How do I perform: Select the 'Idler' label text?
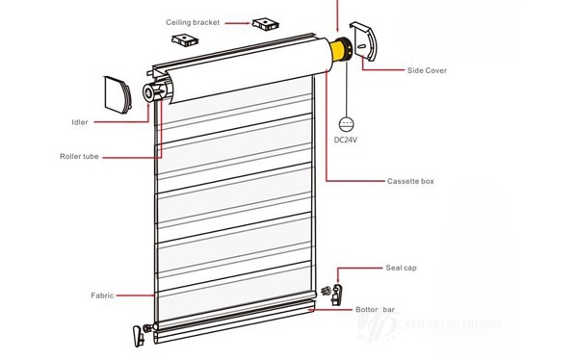pyautogui.click(x=79, y=122)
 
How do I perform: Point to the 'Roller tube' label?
pyautogui.click(x=80, y=156)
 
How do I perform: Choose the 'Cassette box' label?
pyautogui.click(x=410, y=181)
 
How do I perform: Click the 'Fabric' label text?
pyautogui.click(x=103, y=296)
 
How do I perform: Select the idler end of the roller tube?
pyautogui.click(x=155, y=91)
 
